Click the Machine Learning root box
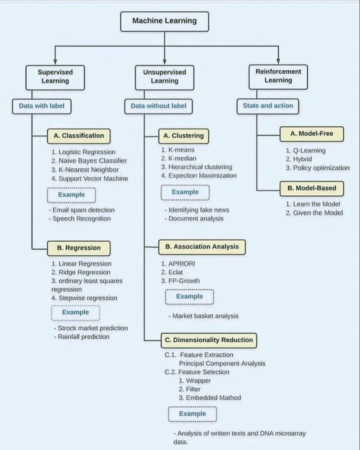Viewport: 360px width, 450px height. click(x=164, y=21)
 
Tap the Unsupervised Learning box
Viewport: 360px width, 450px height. click(x=164, y=76)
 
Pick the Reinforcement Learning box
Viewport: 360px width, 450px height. click(x=278, y=75)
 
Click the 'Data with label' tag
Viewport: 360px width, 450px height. click(x=42, y=106)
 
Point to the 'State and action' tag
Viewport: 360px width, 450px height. click(x=268, y=106)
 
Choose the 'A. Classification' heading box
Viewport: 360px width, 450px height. click(x=78, y=136)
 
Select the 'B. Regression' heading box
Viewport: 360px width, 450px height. click(x=78, y=248)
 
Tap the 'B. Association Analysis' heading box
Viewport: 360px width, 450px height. click(x=202, y=247)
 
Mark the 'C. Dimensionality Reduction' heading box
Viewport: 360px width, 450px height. click(x=209, y=340)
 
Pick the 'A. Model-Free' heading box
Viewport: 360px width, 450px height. click(x=312, y=133)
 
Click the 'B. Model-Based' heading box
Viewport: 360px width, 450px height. click(x=312, y=189)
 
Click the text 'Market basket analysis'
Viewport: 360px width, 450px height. click(x=205, y=316)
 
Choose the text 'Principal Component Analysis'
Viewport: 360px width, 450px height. click(x=222, y=363)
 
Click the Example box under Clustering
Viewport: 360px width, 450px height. click(x=185, y=192)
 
